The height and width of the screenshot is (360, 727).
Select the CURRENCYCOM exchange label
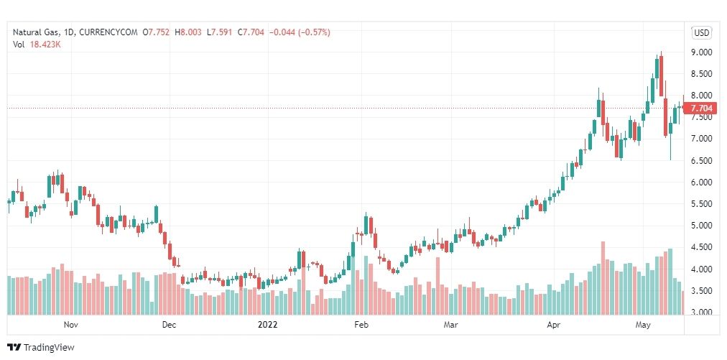pyautogui.click(x=106, y=32)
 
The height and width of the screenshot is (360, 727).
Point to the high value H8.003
pyautogui.click(x=188, y=32)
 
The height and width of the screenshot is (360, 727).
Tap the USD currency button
pyautogui.click(x=701, y=32)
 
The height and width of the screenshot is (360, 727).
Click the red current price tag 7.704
pyautogui.click(x=700, y=109)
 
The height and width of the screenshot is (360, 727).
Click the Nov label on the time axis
pyautogui.click(x=70, y=325)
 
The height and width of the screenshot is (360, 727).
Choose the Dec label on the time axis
pyautogui.click(x=168, y=325)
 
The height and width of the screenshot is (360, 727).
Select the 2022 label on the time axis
pyautogui.click(x=267, y=325)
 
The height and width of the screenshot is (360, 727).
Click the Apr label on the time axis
pyautogui.click(x=554, y=325)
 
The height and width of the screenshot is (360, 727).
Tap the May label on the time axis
pyautogui.click(x=643, y=325)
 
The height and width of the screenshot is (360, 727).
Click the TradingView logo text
pyautogui.click(x=49, y=348)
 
